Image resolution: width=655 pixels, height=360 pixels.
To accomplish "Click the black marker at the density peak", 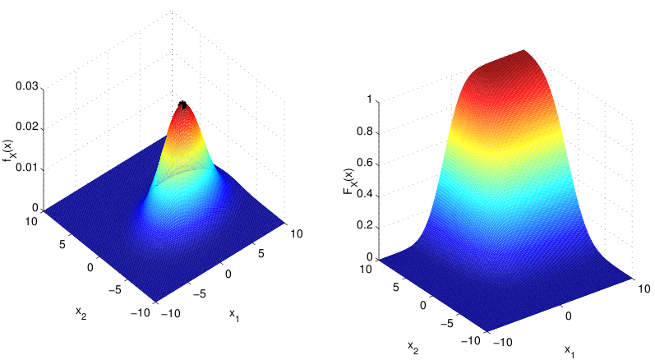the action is [x=182, y=104].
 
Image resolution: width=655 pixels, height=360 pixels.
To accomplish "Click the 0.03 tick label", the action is [x=27, y=86].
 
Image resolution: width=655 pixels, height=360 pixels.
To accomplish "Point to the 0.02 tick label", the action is [x=27, y=127].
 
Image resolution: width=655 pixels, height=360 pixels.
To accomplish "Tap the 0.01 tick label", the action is [x=27, y=168].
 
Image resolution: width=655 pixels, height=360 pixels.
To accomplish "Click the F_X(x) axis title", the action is [x=349, y=182].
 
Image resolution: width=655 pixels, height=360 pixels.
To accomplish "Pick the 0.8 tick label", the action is [x=364, y=132].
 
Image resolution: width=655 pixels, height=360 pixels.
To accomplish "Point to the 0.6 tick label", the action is [x=364, y=163].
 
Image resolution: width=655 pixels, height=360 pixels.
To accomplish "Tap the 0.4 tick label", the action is [x=364, y=195].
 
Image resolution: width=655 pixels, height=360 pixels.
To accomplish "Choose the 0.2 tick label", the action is [x=364, y=226].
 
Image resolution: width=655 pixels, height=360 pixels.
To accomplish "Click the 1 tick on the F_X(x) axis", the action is [x=369, y=99].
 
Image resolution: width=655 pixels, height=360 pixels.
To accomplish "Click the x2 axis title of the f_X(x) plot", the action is [x=81, y=312].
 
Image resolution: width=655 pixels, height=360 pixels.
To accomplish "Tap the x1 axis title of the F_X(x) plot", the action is [x=570, y=350].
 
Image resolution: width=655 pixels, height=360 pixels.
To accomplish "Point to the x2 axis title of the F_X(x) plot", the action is [x=413, y=347].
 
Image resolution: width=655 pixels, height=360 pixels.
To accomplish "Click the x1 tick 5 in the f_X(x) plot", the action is [x=261, y=253].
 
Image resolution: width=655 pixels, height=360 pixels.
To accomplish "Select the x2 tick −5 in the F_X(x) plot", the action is [x=446, y=323].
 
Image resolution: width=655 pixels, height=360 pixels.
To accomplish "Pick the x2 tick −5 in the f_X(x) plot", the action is [x=114, y=289].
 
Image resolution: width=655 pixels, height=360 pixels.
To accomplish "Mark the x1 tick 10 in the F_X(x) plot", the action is [x=643, y=288].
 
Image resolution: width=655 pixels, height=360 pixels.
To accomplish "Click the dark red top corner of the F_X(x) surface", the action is [x=524, y=50].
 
